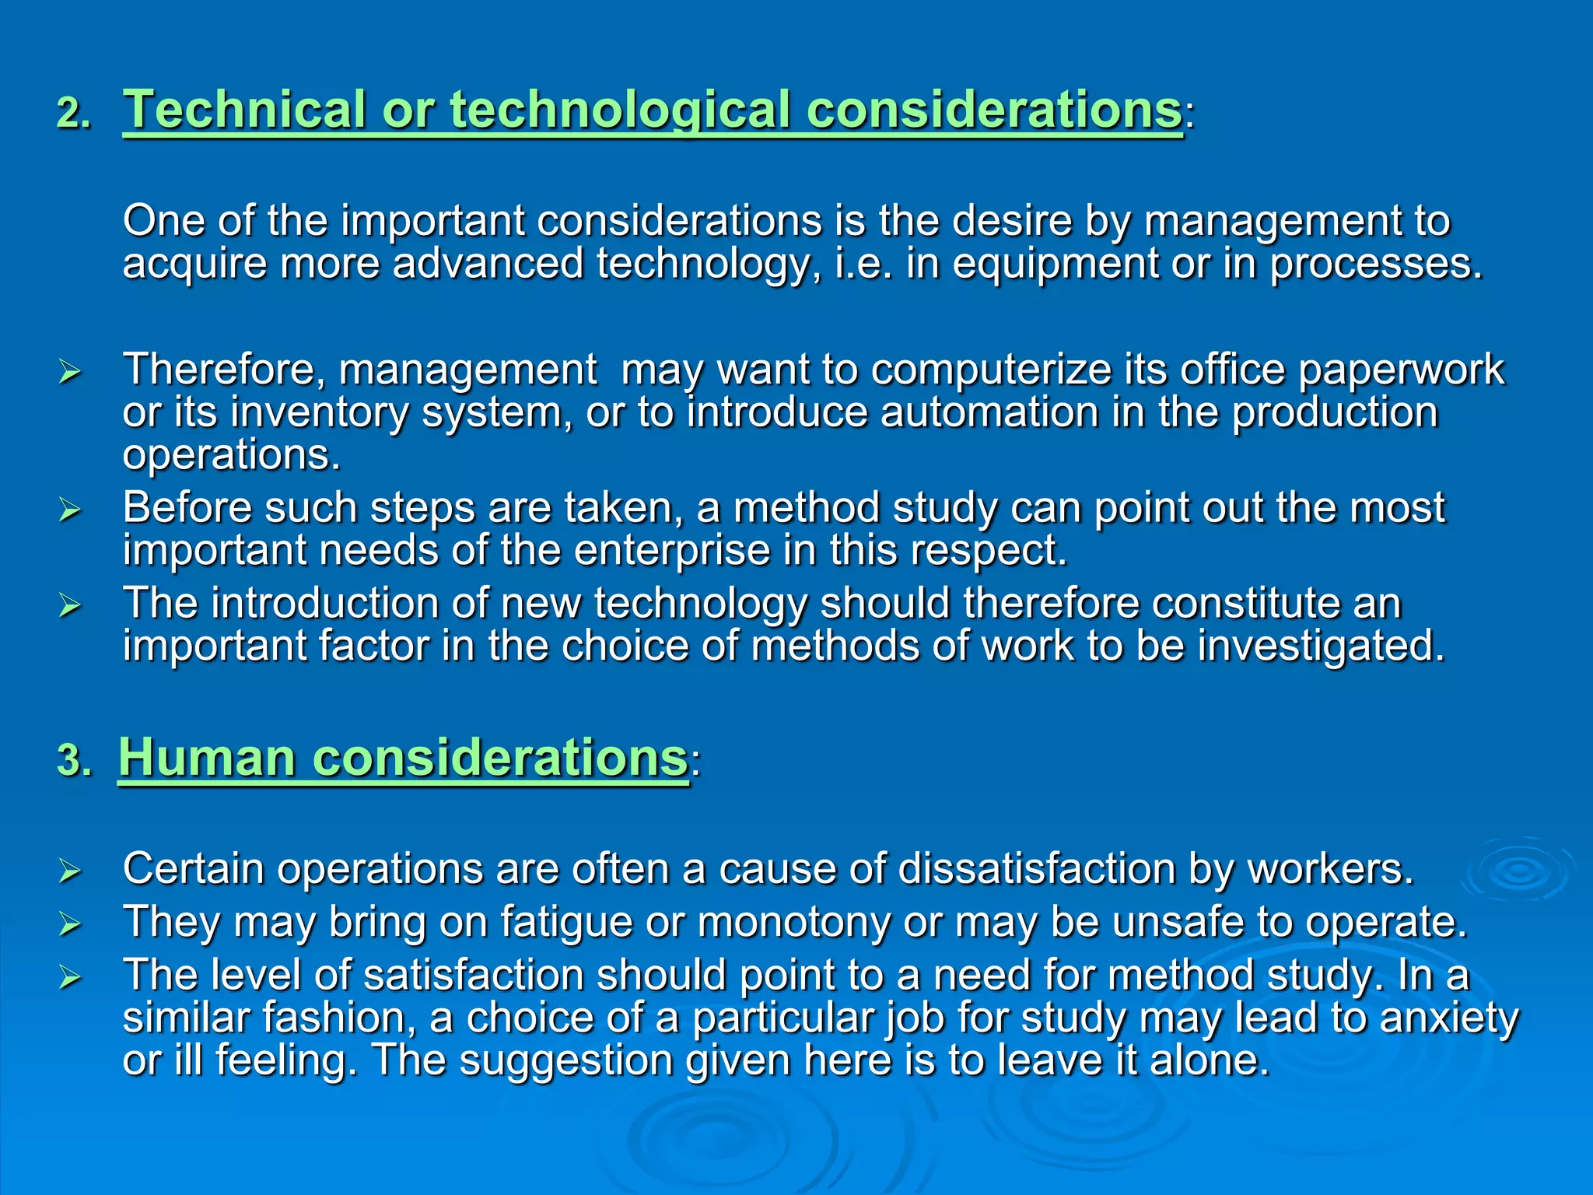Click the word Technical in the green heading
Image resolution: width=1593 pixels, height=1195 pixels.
(x=244, y=110)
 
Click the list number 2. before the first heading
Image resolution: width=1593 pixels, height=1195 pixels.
(x=74, y=114)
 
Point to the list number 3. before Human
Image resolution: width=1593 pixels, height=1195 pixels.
(x=74, y=761)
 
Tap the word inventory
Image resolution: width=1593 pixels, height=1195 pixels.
(x=319, y=412)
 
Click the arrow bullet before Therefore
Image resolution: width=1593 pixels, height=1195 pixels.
(x=70, y=372)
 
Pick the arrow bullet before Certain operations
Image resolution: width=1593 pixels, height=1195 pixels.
(x=70, y=871)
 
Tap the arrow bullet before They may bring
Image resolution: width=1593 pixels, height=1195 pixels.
(x=70, y=924)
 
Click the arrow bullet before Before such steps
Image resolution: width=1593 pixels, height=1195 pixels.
(x=70, y=510)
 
